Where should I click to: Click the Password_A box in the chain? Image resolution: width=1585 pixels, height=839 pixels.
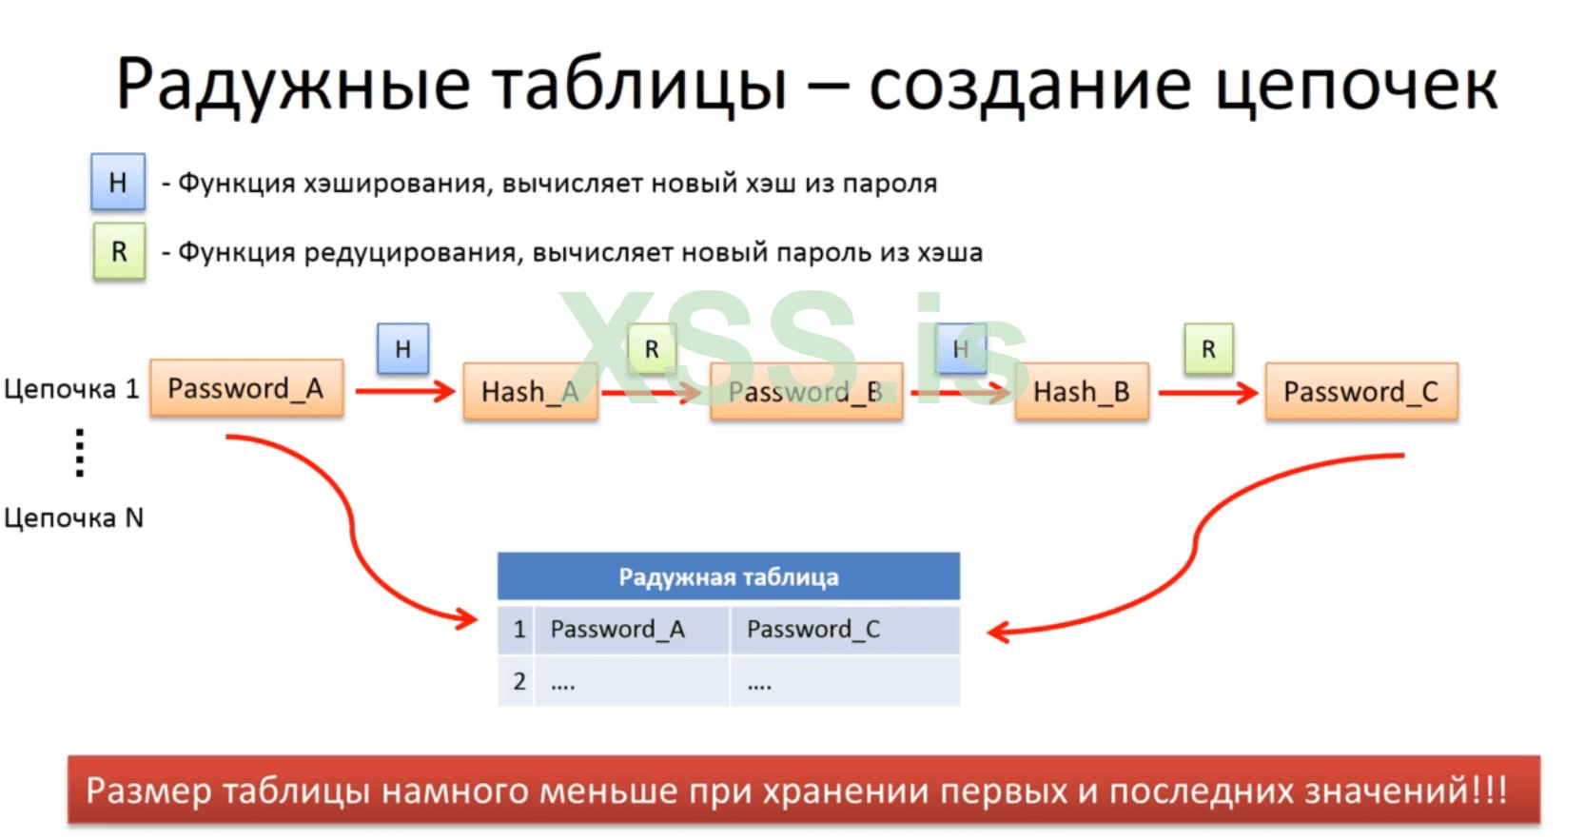(x=245, y=388)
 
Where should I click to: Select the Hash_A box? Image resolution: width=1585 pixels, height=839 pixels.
(x=529, y=391)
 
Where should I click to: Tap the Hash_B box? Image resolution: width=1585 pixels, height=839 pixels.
(x=1081, y=391)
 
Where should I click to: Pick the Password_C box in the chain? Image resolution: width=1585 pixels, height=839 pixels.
(x=1360, y=391)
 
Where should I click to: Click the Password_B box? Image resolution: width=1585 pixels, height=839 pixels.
(x=805, y=391)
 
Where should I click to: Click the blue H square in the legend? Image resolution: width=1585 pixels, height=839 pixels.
(x=118, y=182)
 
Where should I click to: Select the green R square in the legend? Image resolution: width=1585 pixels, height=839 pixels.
(x=119, y=252)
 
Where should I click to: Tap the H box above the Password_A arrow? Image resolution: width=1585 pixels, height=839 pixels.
(x=402, y=349)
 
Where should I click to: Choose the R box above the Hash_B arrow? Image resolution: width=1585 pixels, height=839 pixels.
(x=1208, y=349)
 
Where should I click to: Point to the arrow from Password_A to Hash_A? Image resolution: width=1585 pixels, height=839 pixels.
(x=404, y=391)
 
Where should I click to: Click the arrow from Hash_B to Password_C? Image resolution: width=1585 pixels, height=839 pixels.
(x=1206, y=392)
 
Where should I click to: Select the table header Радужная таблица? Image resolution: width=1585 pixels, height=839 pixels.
(x=728, y=576)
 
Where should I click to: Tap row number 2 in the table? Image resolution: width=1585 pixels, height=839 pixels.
(x=519, y=681)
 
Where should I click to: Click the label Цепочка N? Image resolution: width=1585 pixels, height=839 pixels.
(x=73, y=517)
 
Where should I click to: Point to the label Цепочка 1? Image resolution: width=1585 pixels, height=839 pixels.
(x=71, y=388)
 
